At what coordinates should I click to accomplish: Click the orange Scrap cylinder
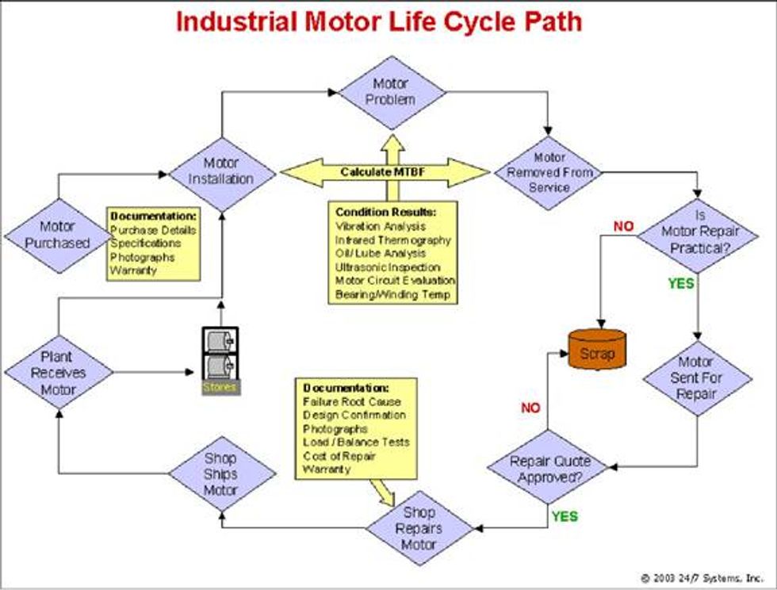click(597, 352)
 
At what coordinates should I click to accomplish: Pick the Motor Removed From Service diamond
click(549, 172)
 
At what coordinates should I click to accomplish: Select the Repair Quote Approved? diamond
click(549, 469)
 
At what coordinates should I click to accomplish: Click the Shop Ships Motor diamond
click(221, 474)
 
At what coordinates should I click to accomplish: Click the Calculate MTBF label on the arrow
click(384, 172)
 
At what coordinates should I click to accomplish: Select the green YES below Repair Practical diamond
click(680, 283)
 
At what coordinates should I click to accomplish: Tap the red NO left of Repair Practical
click(624, 227)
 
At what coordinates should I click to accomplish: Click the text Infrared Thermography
click(392, 239)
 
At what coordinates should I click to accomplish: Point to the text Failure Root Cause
click(351, 402)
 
